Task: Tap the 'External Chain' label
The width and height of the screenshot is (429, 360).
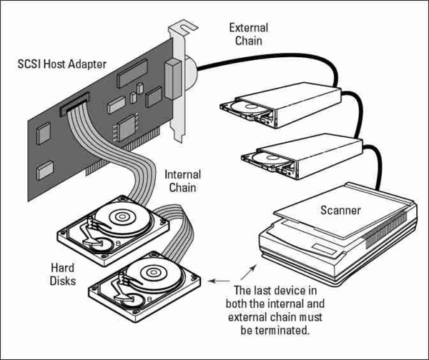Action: tap(248, 34)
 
